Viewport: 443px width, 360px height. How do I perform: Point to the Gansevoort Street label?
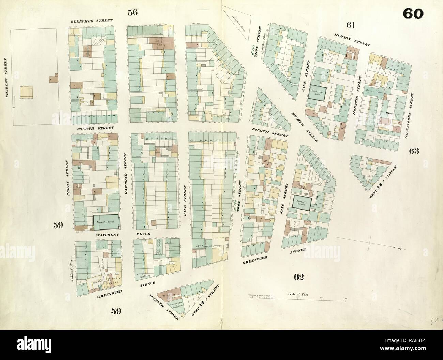(x=407, y=116)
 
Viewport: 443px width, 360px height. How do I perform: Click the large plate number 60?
(x=413, y=14)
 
